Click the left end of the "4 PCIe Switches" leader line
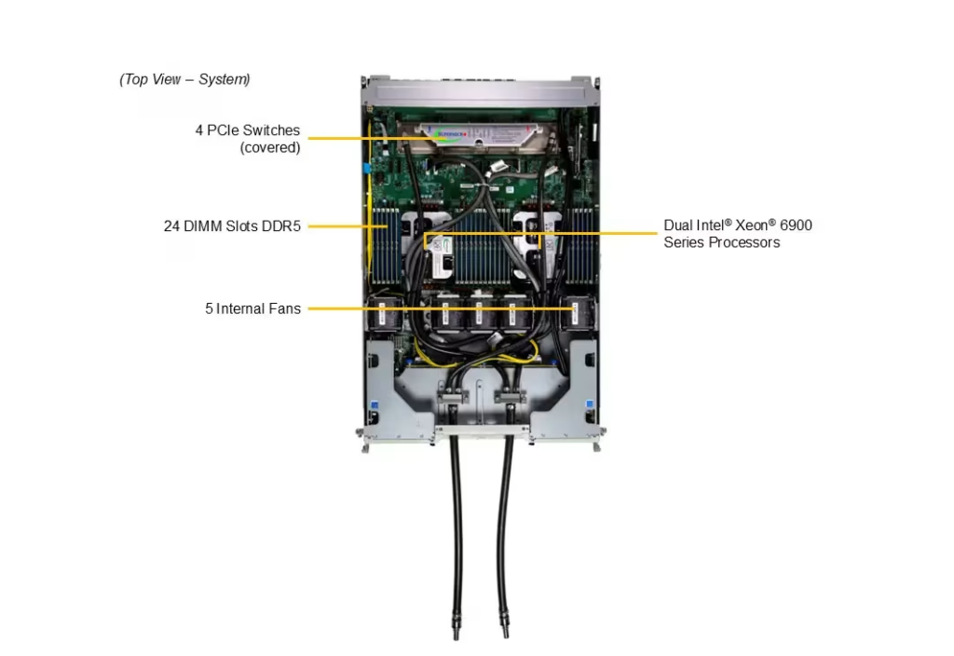point(308,138)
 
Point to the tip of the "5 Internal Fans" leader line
point(575,308)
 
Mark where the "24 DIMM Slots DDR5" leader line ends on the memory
point(388,225)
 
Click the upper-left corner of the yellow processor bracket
point(425,233)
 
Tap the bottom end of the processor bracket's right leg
point(539,248)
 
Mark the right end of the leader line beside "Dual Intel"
point(657,233)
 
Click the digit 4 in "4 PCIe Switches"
point(199,130)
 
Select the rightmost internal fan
point(578,313)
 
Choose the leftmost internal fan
point(384,313)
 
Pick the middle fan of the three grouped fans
point(480,313)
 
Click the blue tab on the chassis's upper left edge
point(367,168)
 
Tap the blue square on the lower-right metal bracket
point(589,404)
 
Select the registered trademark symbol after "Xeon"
point(772,223)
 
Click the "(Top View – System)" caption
point(185,79)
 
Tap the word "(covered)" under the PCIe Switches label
point(270,148)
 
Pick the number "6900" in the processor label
point(796,225)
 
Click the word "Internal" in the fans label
point(240,308)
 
